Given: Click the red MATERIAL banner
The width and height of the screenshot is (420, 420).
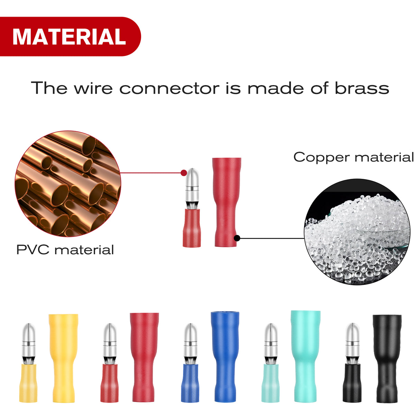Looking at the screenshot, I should click(69, 36).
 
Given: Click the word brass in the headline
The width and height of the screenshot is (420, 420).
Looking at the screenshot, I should click(362, 88).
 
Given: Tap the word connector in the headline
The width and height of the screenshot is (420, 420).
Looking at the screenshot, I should click(169, 89).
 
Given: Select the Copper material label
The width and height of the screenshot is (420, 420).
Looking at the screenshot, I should click(353, 157).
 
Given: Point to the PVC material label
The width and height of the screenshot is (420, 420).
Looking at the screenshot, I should click(65, 250).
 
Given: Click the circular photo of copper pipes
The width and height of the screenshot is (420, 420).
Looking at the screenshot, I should click(68, 184).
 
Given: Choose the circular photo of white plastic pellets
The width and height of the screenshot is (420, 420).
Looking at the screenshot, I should click(357, 232).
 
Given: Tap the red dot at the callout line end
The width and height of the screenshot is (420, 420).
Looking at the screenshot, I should click(184, 172).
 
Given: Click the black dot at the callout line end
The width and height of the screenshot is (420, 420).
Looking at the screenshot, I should click(237, 238).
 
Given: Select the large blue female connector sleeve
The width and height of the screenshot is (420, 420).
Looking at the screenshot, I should click(225, 356).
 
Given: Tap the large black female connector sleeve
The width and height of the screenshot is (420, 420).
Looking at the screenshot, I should click(387, 358).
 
